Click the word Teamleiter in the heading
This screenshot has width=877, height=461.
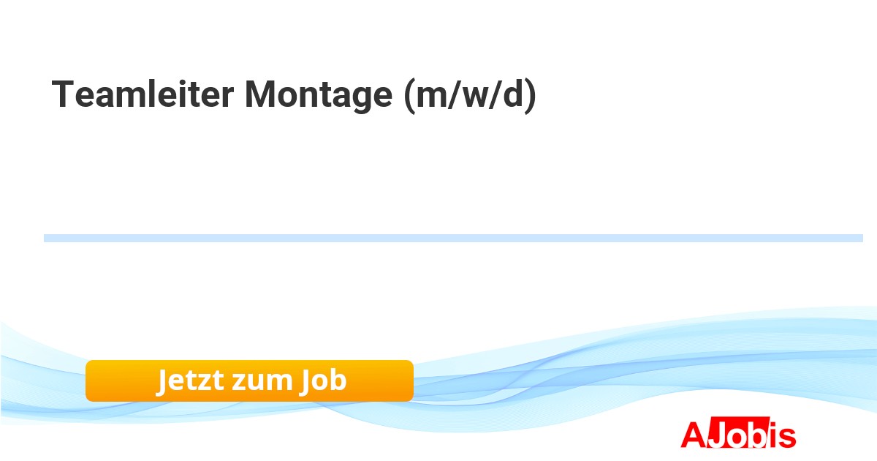(143, 94)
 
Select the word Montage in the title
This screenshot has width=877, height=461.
(319, 97)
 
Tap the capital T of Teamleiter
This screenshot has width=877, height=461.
(63, 94)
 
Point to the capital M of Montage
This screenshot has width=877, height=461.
(260, 94)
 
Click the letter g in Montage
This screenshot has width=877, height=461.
(357, 100)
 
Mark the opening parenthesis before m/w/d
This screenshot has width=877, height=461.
(409, 97)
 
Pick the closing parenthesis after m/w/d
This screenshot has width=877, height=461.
(531, 97)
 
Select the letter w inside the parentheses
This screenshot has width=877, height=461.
(475, 97)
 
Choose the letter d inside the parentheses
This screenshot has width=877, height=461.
(513, 94)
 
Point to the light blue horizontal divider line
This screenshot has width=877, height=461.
(453, 239)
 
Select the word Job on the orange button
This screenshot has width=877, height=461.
(323, 381)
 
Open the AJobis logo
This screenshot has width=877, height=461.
(738, 432)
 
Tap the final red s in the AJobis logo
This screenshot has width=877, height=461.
(787, 438)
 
